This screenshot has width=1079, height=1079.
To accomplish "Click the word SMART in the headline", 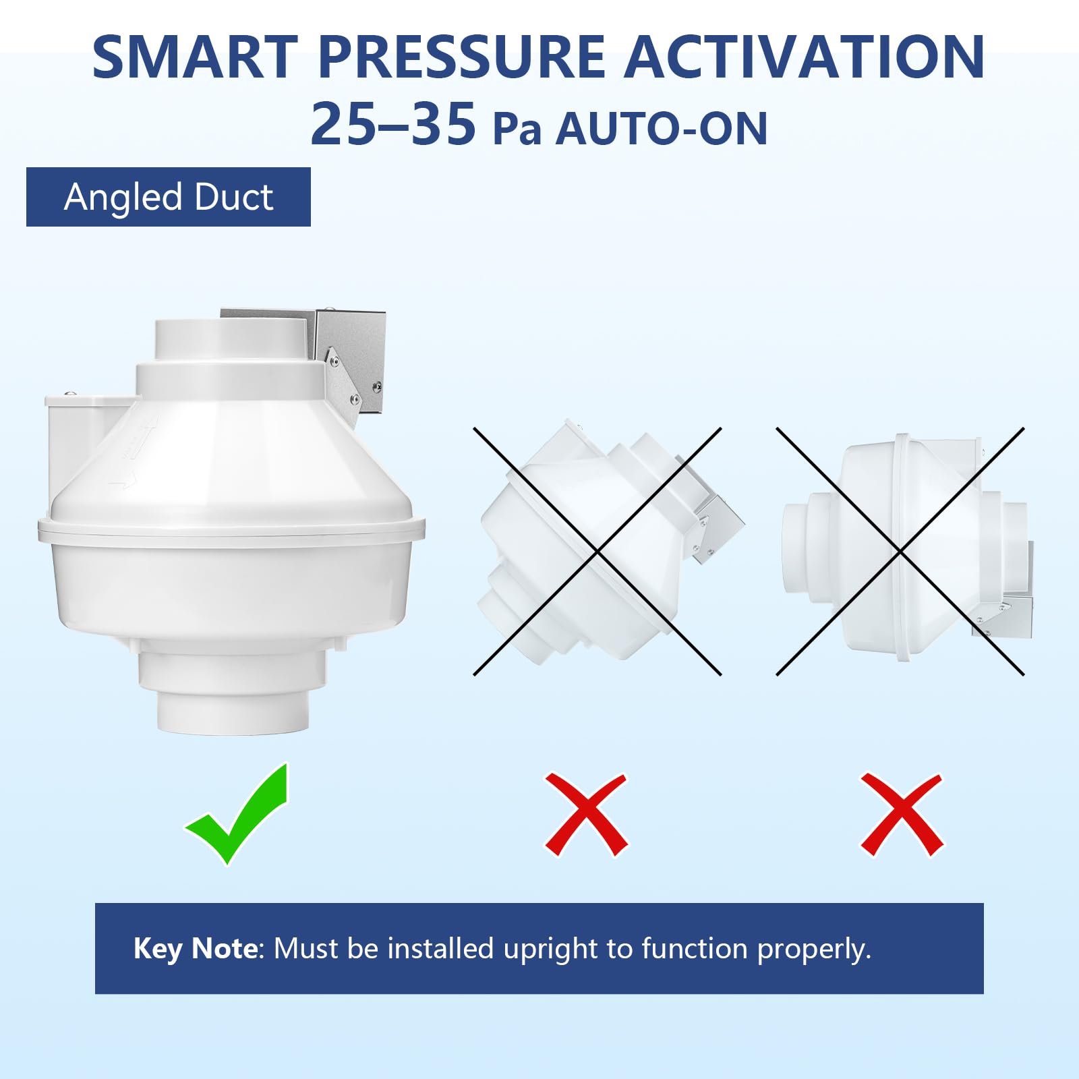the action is [195, 57].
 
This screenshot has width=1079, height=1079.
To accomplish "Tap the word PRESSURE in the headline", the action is [461, 57].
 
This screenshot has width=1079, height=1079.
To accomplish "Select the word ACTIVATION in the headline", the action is [805, 57].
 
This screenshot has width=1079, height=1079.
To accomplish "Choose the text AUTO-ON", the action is [662, 129].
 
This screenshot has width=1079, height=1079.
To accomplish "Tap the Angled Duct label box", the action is [169, 197].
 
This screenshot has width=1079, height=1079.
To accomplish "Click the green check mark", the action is [237, 814].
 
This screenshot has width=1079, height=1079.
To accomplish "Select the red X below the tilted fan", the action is [586, 815].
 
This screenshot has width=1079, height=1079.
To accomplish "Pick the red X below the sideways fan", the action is [902, 815].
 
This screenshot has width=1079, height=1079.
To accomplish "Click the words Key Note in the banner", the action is [196, 949].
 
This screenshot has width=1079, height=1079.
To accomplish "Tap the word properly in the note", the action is [814, 950].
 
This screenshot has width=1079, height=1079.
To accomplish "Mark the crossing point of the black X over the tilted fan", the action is [597, 552].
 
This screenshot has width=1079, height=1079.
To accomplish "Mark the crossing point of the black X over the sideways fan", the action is [900, 552].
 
